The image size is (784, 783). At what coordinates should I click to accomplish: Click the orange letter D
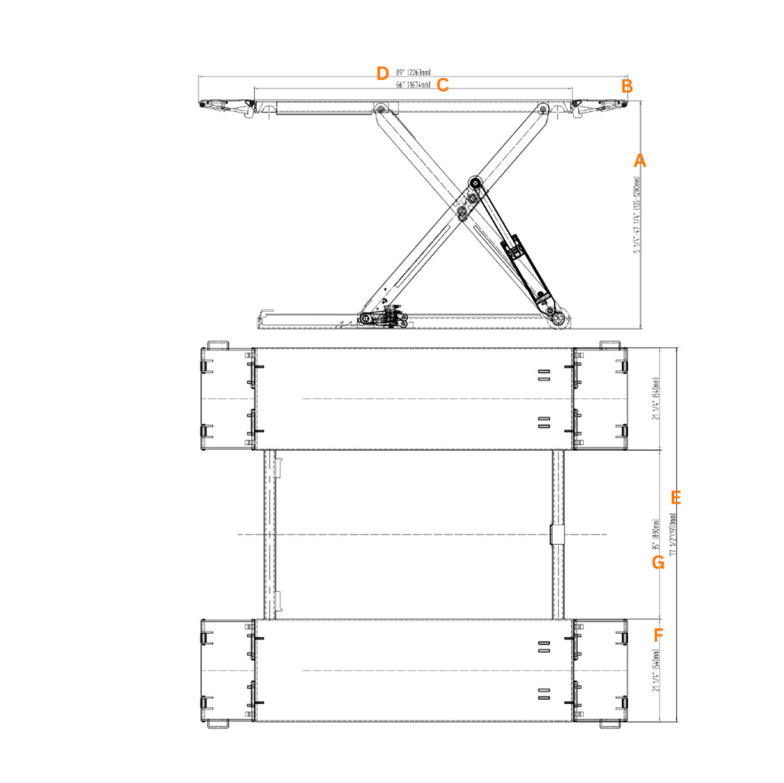click(383, 73)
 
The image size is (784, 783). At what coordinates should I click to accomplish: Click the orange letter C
click(443, 86)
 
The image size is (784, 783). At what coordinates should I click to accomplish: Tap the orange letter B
click(627, 86)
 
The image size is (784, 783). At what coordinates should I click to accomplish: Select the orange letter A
click(639, 161)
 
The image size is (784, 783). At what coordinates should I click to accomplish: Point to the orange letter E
click(676, 498)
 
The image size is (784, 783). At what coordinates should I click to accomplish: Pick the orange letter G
click(658, 563)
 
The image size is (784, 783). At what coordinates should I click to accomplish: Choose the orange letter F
click(658, 636)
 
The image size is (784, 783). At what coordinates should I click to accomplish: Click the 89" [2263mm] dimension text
click(413, 72)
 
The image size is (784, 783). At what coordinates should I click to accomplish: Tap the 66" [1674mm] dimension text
click(413, 85)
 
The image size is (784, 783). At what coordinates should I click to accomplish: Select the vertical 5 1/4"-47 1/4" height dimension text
click(637, 215)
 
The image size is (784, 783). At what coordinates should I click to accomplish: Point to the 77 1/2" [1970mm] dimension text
click(673, 534)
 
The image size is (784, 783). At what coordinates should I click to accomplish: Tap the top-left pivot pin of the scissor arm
click(379, 109)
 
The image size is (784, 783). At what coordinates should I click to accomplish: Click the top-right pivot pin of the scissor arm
click(543, 109)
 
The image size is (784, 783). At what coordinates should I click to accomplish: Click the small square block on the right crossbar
click(556, 534)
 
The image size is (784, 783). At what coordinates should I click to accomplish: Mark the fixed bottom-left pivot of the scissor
click(367, 319)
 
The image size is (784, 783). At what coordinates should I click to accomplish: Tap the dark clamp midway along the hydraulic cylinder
click(515, 251)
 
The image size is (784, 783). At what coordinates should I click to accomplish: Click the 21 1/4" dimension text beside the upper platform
click(655, 399)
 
